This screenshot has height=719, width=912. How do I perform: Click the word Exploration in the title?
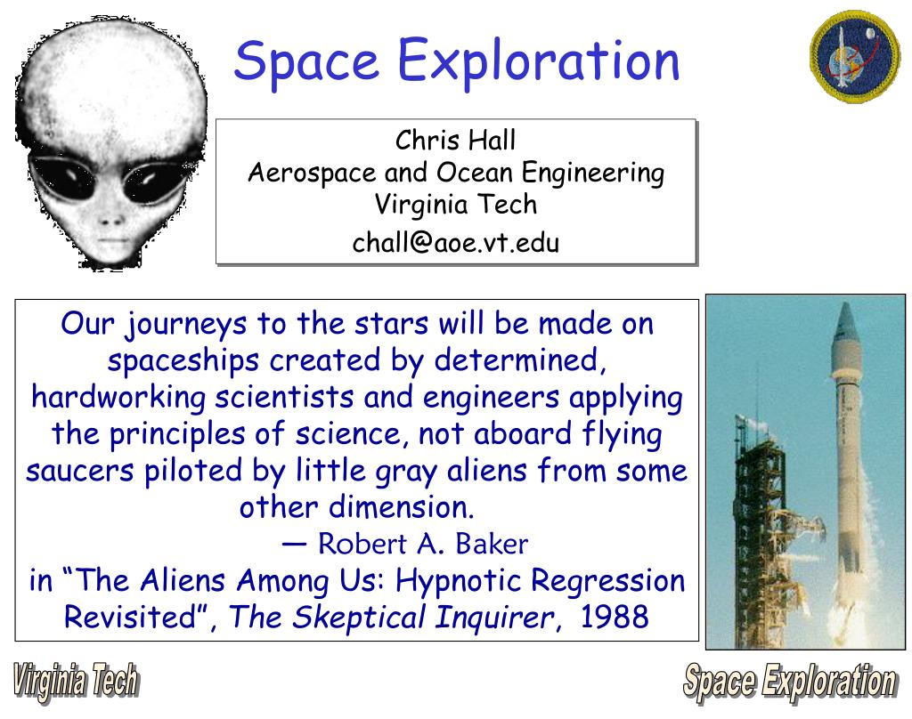(539, 61)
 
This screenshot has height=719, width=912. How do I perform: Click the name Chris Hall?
(455, 141)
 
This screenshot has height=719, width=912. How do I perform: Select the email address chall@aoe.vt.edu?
(455, 242)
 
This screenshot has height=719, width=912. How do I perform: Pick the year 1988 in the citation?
(614, 617)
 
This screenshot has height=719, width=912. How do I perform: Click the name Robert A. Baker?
(423, 543)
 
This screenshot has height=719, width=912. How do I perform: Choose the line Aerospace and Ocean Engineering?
(455, 172)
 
